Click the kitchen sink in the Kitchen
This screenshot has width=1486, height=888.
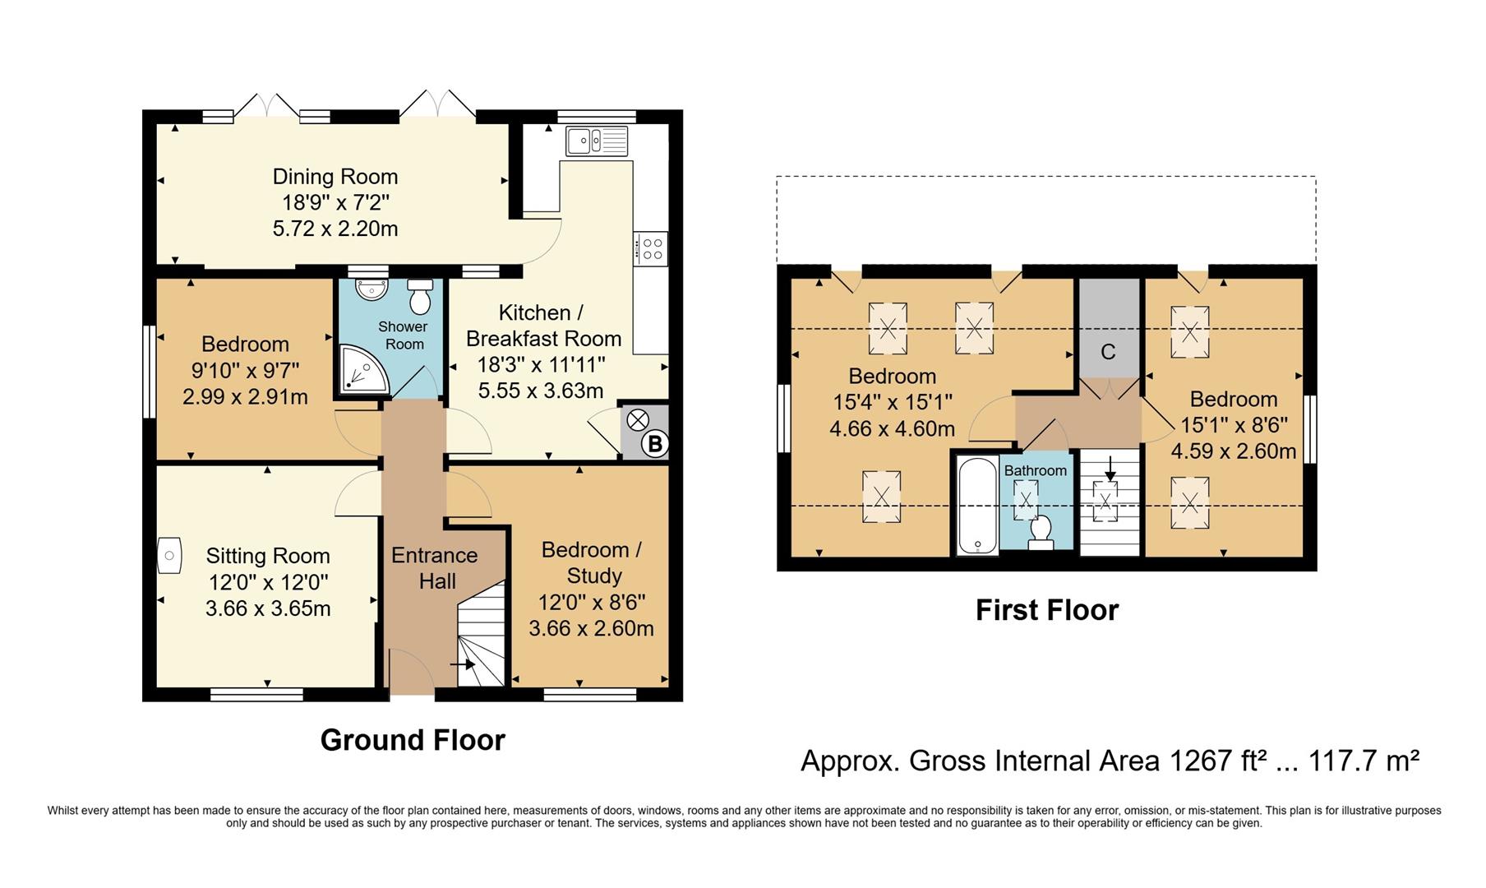597,141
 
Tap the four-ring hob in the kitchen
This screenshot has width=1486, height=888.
653,248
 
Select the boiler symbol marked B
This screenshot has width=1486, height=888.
655,445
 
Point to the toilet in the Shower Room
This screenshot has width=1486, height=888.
420,297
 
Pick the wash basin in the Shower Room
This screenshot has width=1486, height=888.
371,289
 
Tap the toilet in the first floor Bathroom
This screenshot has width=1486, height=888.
1041,532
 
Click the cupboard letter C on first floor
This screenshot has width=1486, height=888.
1108,352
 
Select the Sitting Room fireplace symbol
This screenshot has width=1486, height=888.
168,556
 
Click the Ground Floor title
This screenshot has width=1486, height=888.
413,740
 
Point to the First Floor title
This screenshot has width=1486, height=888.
1047,610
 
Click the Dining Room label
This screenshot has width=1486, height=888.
335,177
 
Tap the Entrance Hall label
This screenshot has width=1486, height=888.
435,568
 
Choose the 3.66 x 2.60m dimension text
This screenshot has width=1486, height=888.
591,629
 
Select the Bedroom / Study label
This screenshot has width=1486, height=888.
592,562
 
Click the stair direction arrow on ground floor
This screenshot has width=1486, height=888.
463,664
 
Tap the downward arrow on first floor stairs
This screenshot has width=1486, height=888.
1110,469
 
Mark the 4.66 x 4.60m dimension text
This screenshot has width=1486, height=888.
893,428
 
